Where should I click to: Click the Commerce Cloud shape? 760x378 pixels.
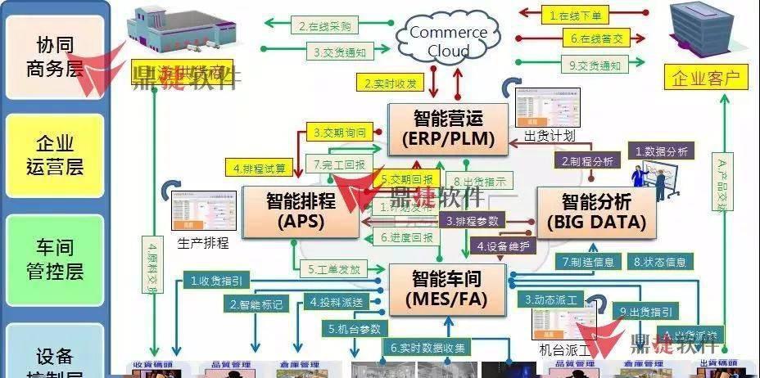click(448, 41)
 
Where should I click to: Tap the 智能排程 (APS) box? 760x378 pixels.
click(301, 209)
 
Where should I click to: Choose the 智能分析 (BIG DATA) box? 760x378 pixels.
click(596, 210)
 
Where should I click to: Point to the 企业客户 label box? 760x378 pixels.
click(705, 79)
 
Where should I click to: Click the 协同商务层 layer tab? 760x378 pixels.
click(55, 55)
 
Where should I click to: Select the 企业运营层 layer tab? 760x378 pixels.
click(55, 155)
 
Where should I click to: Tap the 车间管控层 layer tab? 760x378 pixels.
click(55, 258)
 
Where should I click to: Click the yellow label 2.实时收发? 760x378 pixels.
click(390, 82)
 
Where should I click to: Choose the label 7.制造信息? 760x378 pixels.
click(589, 262)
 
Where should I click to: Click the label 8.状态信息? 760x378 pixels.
click(660, 262)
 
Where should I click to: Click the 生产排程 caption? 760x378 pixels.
click(202, 243)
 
